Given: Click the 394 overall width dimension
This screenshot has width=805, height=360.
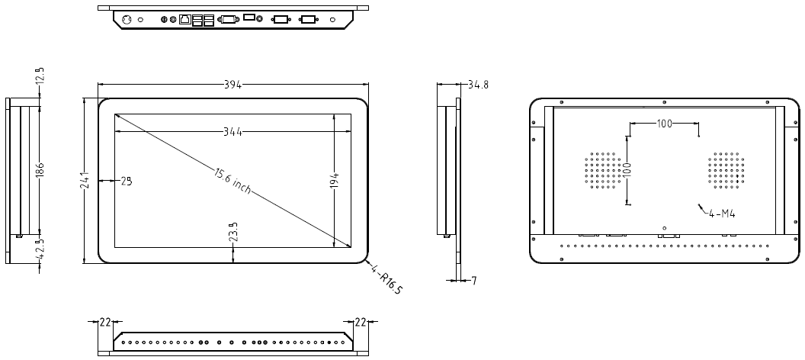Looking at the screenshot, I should click(x=233, y=85).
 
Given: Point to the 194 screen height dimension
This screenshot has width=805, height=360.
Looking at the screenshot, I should click(x=335, y=181).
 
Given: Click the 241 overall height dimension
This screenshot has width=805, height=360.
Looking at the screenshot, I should click(x=85, y=181).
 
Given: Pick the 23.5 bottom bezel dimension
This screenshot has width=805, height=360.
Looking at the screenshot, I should click(x=232, y=231).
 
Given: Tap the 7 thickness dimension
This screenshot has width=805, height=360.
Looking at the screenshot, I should click(x=473, y=281).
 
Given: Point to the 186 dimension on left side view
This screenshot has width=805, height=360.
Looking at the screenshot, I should click(x=40, y=169).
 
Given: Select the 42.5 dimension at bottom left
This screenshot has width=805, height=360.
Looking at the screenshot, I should click(x=40, y=249).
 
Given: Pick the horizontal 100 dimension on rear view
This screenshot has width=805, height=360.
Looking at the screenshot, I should click(x=664, y=124).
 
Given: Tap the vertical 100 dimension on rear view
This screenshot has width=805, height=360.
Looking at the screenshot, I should click(x=628, y=169).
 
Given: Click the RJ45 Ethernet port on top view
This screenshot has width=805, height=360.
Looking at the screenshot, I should click(x=184, y=19).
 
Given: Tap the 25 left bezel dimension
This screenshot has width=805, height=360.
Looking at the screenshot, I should click(x=126, y=181).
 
